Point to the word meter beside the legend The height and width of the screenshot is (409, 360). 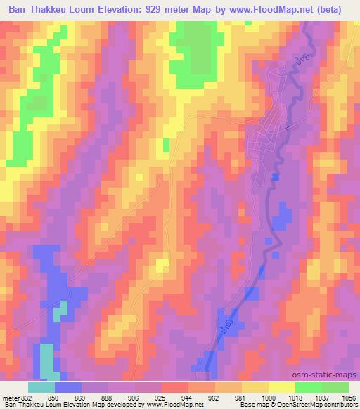pos(9,397)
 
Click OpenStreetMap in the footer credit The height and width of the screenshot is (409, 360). pos(302,405)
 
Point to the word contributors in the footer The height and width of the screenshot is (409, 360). pos(342,405)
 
